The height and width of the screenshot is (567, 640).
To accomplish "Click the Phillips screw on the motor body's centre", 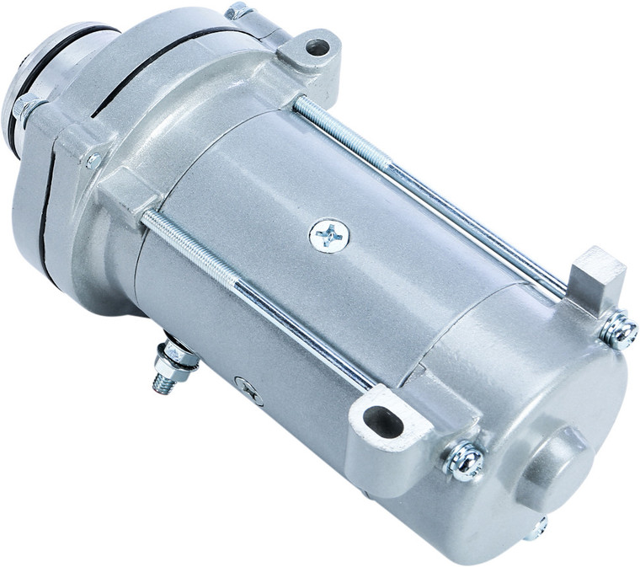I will pos(328,235).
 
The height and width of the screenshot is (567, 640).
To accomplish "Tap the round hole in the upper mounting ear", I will pos(317,48).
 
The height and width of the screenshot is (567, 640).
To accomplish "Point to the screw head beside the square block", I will pos(620,331).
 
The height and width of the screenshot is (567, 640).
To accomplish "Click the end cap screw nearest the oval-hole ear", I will pos(466,460).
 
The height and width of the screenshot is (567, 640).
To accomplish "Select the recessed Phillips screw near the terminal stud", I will pos(248,388).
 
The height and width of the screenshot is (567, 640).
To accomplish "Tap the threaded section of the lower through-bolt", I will pos(189,247).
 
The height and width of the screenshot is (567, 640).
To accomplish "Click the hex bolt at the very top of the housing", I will pos(237,12).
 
